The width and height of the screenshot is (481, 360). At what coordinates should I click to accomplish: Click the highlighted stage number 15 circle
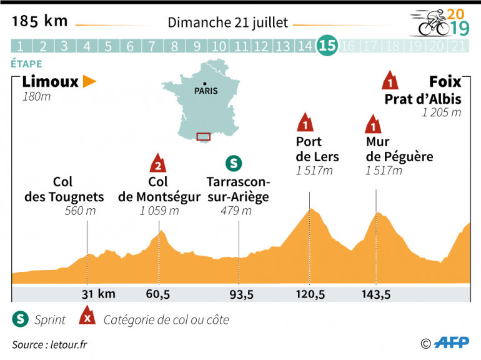coord(327,45)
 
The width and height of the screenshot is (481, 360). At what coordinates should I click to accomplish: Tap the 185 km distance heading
coord(39,21)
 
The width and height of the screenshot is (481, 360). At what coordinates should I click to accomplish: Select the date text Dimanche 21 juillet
coord(228,23)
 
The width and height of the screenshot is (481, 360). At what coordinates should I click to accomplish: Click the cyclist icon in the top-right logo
coord(430,24)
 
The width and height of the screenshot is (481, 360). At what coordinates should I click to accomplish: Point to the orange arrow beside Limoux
coord(90,81)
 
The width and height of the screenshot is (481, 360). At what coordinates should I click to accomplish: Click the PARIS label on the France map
coord(206,90)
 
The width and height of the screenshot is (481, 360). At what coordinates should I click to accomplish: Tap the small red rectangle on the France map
coord(204,136)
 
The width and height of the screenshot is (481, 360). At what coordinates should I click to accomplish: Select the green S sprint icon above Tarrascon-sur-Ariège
coord(234,164)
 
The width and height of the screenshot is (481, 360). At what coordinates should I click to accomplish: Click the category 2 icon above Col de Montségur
coord(158,163)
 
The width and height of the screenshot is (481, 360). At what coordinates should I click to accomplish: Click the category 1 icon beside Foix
coord(390,81)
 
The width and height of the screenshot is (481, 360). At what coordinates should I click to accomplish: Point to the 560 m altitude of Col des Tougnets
coord(80,211)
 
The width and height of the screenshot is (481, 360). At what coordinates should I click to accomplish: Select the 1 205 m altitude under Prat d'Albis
coord(442,113)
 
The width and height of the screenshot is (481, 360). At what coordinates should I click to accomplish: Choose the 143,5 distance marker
coord(375,294)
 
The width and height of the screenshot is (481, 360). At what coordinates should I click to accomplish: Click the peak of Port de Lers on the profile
coord(310,209)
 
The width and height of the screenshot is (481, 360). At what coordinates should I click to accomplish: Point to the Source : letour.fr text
coord(50,344)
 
